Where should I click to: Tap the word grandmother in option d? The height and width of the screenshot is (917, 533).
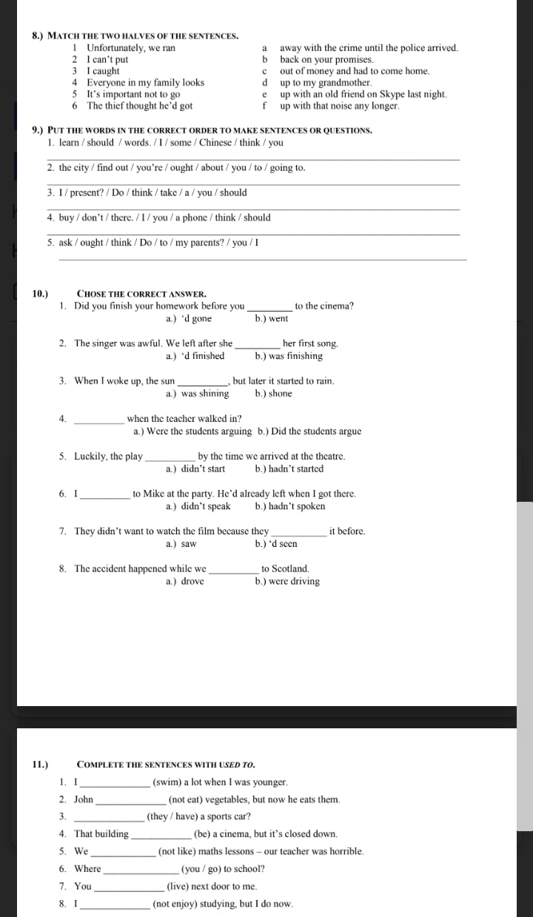tap(341, 83)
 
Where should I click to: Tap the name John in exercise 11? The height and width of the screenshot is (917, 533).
tap(84, 800)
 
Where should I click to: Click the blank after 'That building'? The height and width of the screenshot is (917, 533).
tap(155, 835)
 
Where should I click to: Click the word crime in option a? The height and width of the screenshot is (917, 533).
tap(360, 48)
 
